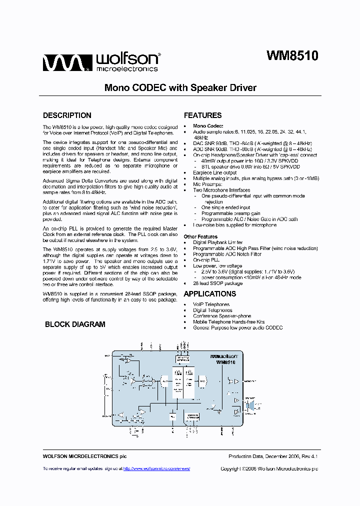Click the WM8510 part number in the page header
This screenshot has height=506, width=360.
[x=292, y=55]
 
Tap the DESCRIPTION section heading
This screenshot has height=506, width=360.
[x=67, y=115]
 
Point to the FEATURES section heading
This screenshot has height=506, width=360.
[x=202, y=115]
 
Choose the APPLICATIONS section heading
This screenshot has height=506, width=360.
[x=210, y=293]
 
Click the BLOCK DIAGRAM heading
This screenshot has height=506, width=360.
[x=75, y=324]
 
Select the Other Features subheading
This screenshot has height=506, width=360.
[x=200, y=236]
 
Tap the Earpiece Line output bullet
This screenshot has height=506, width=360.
[x=215, y=172]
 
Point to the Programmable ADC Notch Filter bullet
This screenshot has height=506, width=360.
[x=227, y=254]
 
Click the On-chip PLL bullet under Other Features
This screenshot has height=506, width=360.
[x=206, y=260]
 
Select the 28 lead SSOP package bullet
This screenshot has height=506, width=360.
[x=217, y=283]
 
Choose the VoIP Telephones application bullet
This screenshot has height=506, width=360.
[x=211, y=304]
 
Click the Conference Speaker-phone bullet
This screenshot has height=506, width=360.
[x=222, y=316]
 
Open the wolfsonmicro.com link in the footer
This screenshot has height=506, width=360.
[x=156, y=468]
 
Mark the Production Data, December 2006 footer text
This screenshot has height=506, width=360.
[x=273, y=456]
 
